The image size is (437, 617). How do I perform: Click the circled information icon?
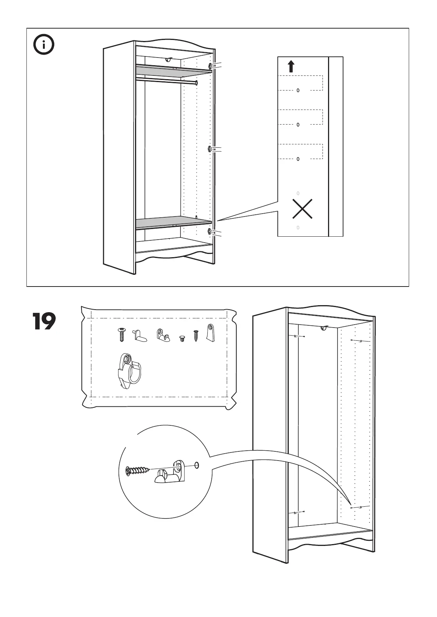(x=44, y=45)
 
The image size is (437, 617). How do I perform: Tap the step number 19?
(x=44, y=321)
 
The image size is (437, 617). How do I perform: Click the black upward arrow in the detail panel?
(x=291, y=66)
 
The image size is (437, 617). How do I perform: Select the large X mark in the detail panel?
(x=302, y=209)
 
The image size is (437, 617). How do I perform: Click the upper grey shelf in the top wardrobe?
(x=172, y=69)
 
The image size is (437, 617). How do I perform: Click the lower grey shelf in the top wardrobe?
(x=172, y=222)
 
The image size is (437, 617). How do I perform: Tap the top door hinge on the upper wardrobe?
(x=211, y=66)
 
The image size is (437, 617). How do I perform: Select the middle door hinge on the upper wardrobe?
(x=210, y=149)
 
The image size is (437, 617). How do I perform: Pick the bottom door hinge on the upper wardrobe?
(x=211, y=231)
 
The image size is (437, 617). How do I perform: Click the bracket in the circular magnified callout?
(x=171, y=473)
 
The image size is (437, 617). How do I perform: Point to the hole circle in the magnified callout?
(x=197, y=465)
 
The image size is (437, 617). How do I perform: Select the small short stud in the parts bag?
(x=182, y=339)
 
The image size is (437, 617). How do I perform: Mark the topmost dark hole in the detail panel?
(x=298, y=90)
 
